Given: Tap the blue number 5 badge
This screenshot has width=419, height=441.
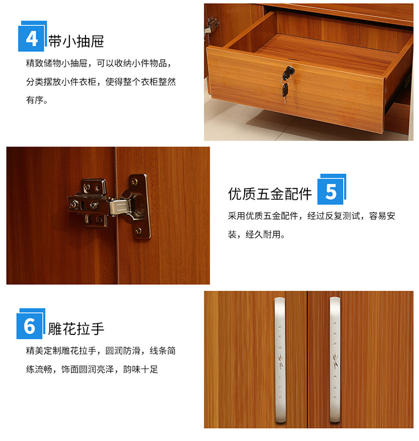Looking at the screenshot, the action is click(331, 189).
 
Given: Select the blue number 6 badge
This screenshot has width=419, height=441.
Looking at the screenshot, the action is click(31, 324).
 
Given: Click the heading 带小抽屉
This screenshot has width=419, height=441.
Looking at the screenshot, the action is click(76, 41).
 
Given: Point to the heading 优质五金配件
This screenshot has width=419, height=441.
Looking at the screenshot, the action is click(270, 194).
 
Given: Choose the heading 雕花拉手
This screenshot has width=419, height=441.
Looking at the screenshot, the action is click(76, 329).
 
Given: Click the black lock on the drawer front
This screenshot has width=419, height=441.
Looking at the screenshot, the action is click(288, 72).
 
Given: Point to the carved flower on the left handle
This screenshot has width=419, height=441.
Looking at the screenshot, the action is click(280, 361).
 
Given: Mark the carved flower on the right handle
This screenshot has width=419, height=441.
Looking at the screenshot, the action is click(335, 360).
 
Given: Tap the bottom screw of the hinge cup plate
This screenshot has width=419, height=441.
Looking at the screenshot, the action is click(138, 231).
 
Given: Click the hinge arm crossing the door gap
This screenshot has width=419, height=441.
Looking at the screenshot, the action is click(119, 207).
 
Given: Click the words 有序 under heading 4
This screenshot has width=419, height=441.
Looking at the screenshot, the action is click(35, 100).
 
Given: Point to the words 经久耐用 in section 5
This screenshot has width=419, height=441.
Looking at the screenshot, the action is click(263, 234).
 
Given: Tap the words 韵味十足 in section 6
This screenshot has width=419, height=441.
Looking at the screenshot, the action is click(140, 369).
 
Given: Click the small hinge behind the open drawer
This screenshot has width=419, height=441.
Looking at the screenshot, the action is click(211, 25).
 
